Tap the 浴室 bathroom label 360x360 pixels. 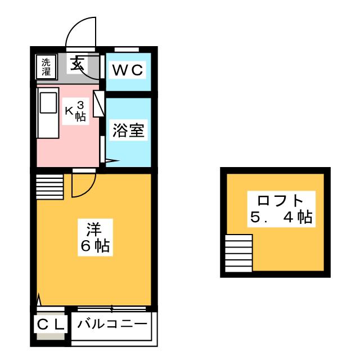coord(129,130)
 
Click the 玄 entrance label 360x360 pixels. coord(76,64)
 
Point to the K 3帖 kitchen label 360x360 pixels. coord(75,111)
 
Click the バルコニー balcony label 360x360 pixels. coord(112,325)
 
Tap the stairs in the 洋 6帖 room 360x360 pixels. coord(50,186)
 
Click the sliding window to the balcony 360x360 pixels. coord(112,308)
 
